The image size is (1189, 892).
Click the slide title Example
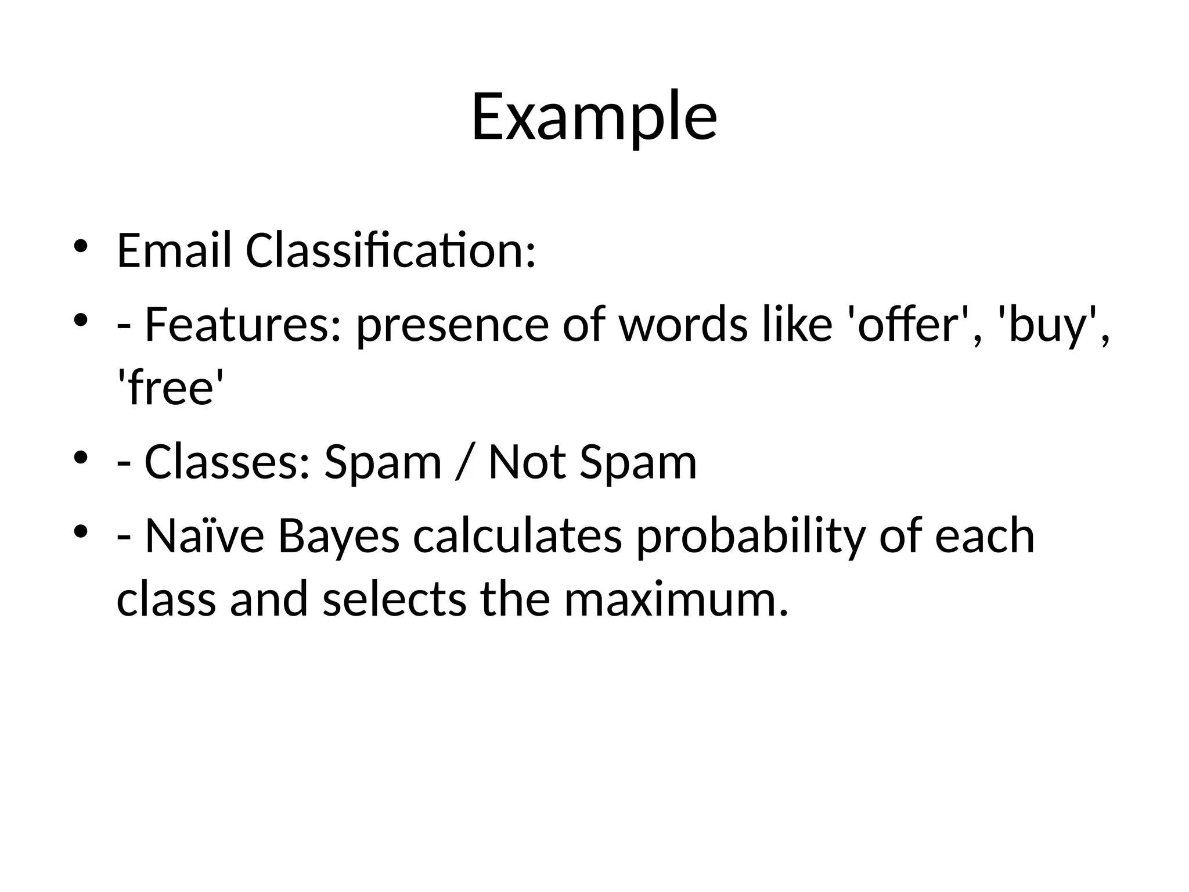pyautogui.click(x=594, y=118)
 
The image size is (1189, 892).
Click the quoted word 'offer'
pyautogui.click(x=909, y=324)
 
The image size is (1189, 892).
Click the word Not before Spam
pyautogui.click(x=527, y=462)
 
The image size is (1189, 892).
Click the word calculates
pyautogui.click(x=517, y=535)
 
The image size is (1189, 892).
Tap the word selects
pyautogui.click(x=394, y=599)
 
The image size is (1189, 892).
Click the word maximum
pyautogui.click(x=676, y=599)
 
